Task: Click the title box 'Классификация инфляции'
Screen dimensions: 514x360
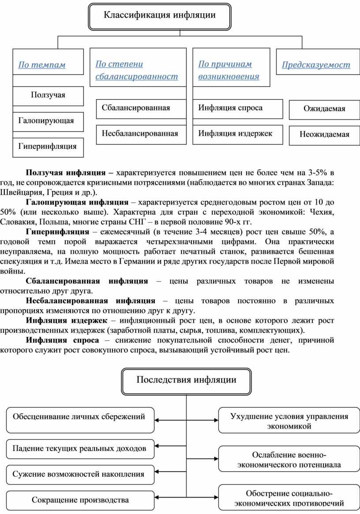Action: (x=160, y=16)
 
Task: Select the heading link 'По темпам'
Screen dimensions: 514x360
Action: (x=41, y=65)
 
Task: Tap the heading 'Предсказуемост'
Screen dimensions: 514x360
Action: (x=316, y=65)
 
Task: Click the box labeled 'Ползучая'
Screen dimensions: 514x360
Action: (x=48, y=95)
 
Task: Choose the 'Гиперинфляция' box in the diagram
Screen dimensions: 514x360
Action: (x=48, y=146)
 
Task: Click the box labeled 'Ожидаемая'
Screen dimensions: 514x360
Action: (x=324, y=109)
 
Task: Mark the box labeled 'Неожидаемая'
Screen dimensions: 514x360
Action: (x=324, y=134)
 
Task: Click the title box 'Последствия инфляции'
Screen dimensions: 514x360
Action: (x=186, y=380)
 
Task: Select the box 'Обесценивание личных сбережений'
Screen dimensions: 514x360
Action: (x=79, y=416)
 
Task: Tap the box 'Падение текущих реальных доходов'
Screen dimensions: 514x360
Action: (x=79, y=449)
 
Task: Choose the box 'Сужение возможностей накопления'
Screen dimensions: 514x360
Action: (x=79, y=475)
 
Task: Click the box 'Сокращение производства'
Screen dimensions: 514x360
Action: (x=80, y=500)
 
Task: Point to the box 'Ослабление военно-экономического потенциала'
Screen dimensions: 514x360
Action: (x=289, y=459)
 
